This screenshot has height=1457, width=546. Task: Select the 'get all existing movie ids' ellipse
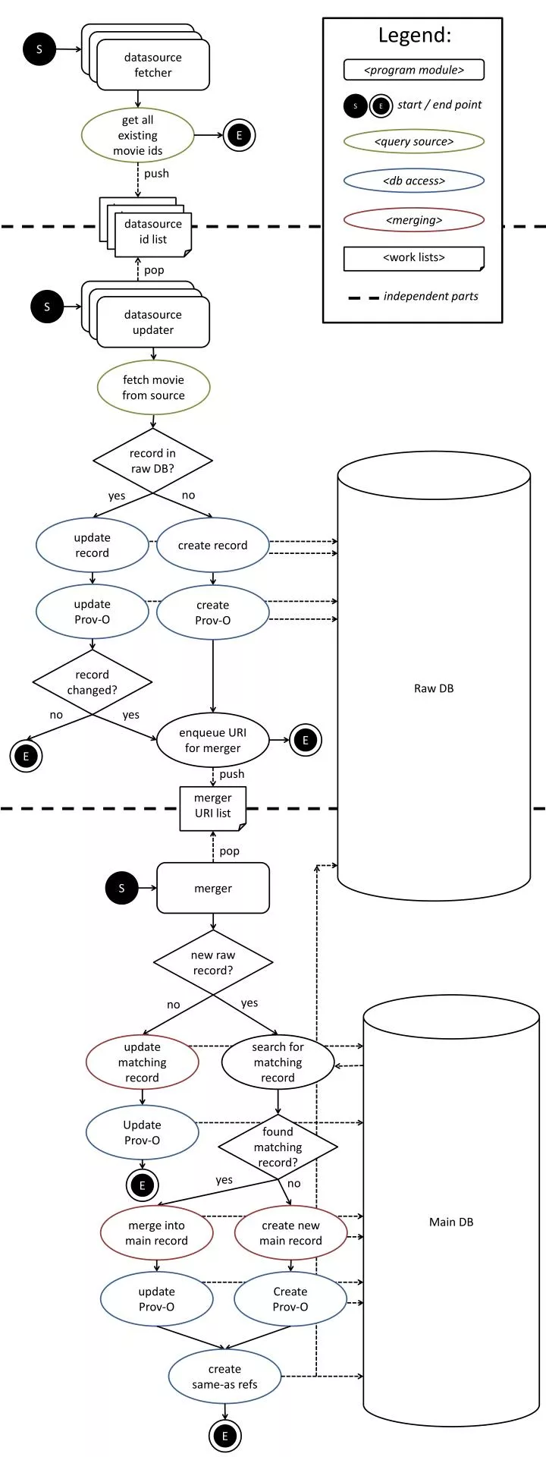point(137,135)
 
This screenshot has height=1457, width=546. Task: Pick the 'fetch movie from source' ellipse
point(153,387)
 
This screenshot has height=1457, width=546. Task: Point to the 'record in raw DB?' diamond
point(152,461)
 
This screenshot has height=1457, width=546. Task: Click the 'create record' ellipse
point(212,546)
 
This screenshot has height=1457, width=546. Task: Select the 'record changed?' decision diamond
point(92,681)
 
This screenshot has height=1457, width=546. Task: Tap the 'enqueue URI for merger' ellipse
point(212,740)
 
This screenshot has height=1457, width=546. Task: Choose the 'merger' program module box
point(213,888)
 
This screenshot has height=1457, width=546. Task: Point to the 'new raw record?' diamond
point(213,962)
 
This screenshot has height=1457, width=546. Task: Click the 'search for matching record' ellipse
point(278,1062)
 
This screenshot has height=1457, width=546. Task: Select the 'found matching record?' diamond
point(278,1147)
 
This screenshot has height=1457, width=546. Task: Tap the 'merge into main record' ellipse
point(156,1233)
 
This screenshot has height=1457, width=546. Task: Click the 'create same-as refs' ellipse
point(224,1377)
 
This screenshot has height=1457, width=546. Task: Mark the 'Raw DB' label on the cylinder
point(434,688)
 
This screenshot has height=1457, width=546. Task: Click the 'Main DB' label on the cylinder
point(451,1222)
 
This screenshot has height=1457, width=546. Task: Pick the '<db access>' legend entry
point(414,181)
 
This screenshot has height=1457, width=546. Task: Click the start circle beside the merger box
point(121,888)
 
